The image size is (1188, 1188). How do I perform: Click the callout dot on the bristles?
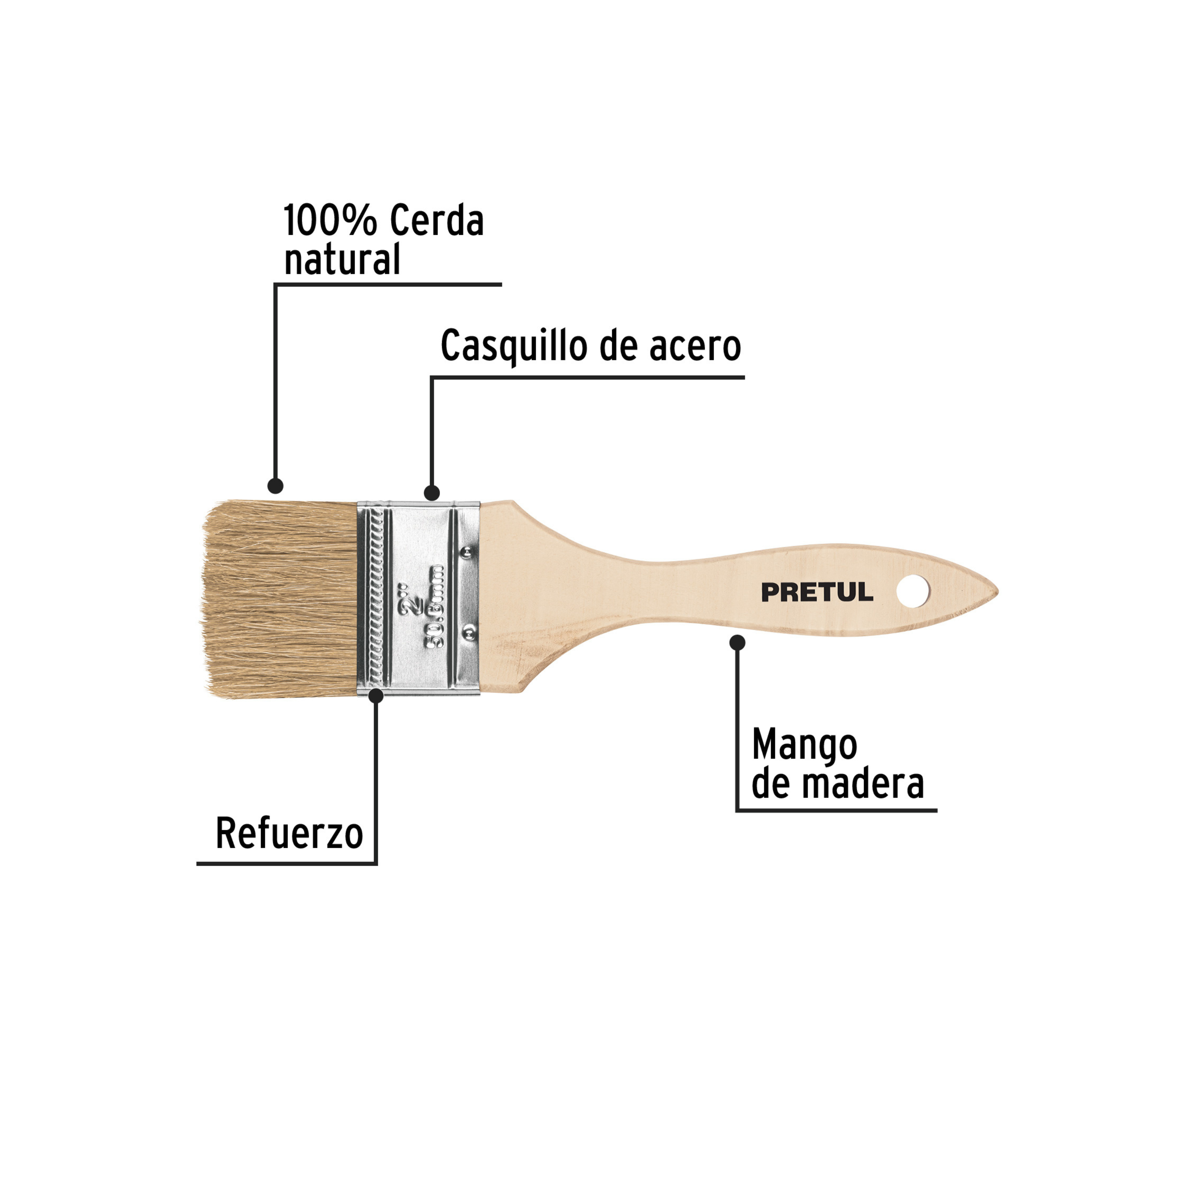point(276,486)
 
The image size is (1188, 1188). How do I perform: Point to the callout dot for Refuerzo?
point(376,695)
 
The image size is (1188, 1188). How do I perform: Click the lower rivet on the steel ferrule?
point(468,632)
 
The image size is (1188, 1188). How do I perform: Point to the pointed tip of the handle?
point(998,592)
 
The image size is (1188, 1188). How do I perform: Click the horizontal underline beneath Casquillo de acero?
point(587,377)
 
